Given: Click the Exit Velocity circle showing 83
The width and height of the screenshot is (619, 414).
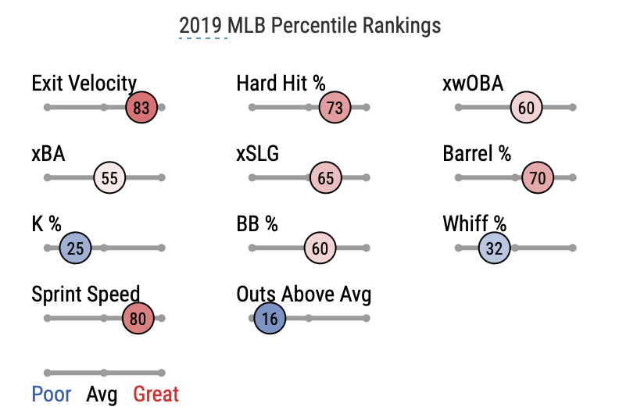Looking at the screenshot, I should tap(141, 108).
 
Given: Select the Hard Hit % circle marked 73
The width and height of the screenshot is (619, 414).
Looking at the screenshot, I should tap(335, 108).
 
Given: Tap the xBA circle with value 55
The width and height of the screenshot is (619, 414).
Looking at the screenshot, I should tap(109, 178).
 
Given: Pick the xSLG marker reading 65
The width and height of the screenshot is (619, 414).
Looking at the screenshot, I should tap(326, 178).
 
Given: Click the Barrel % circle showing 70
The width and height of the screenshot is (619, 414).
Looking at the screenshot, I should tap(538, 178).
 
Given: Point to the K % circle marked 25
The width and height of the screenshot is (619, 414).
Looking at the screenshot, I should tap(76, 248).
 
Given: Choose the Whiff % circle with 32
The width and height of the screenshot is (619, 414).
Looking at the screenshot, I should tap(494, 248).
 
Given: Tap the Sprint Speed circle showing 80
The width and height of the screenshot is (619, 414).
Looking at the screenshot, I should tap(138, 319).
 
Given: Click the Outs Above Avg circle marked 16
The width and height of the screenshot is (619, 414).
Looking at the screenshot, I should tap(270, 319).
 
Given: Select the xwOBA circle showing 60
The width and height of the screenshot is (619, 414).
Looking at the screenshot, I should tap(526, 108).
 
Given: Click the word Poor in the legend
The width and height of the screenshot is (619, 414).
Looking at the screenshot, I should tap(52, 394).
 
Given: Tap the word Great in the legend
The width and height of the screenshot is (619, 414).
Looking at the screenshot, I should tap(156, 394).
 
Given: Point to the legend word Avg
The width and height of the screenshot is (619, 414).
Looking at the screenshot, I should tap(102, 394).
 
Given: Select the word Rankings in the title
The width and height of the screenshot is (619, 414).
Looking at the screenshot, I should tap(401, 26).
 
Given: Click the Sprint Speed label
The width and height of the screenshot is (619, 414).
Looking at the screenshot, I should tap(86, 294).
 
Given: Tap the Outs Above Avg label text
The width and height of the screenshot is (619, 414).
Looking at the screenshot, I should tap(304, 294).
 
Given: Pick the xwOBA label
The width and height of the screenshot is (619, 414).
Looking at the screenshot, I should tap(473, 84).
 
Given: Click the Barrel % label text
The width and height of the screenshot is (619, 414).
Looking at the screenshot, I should tap(477, 154).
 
